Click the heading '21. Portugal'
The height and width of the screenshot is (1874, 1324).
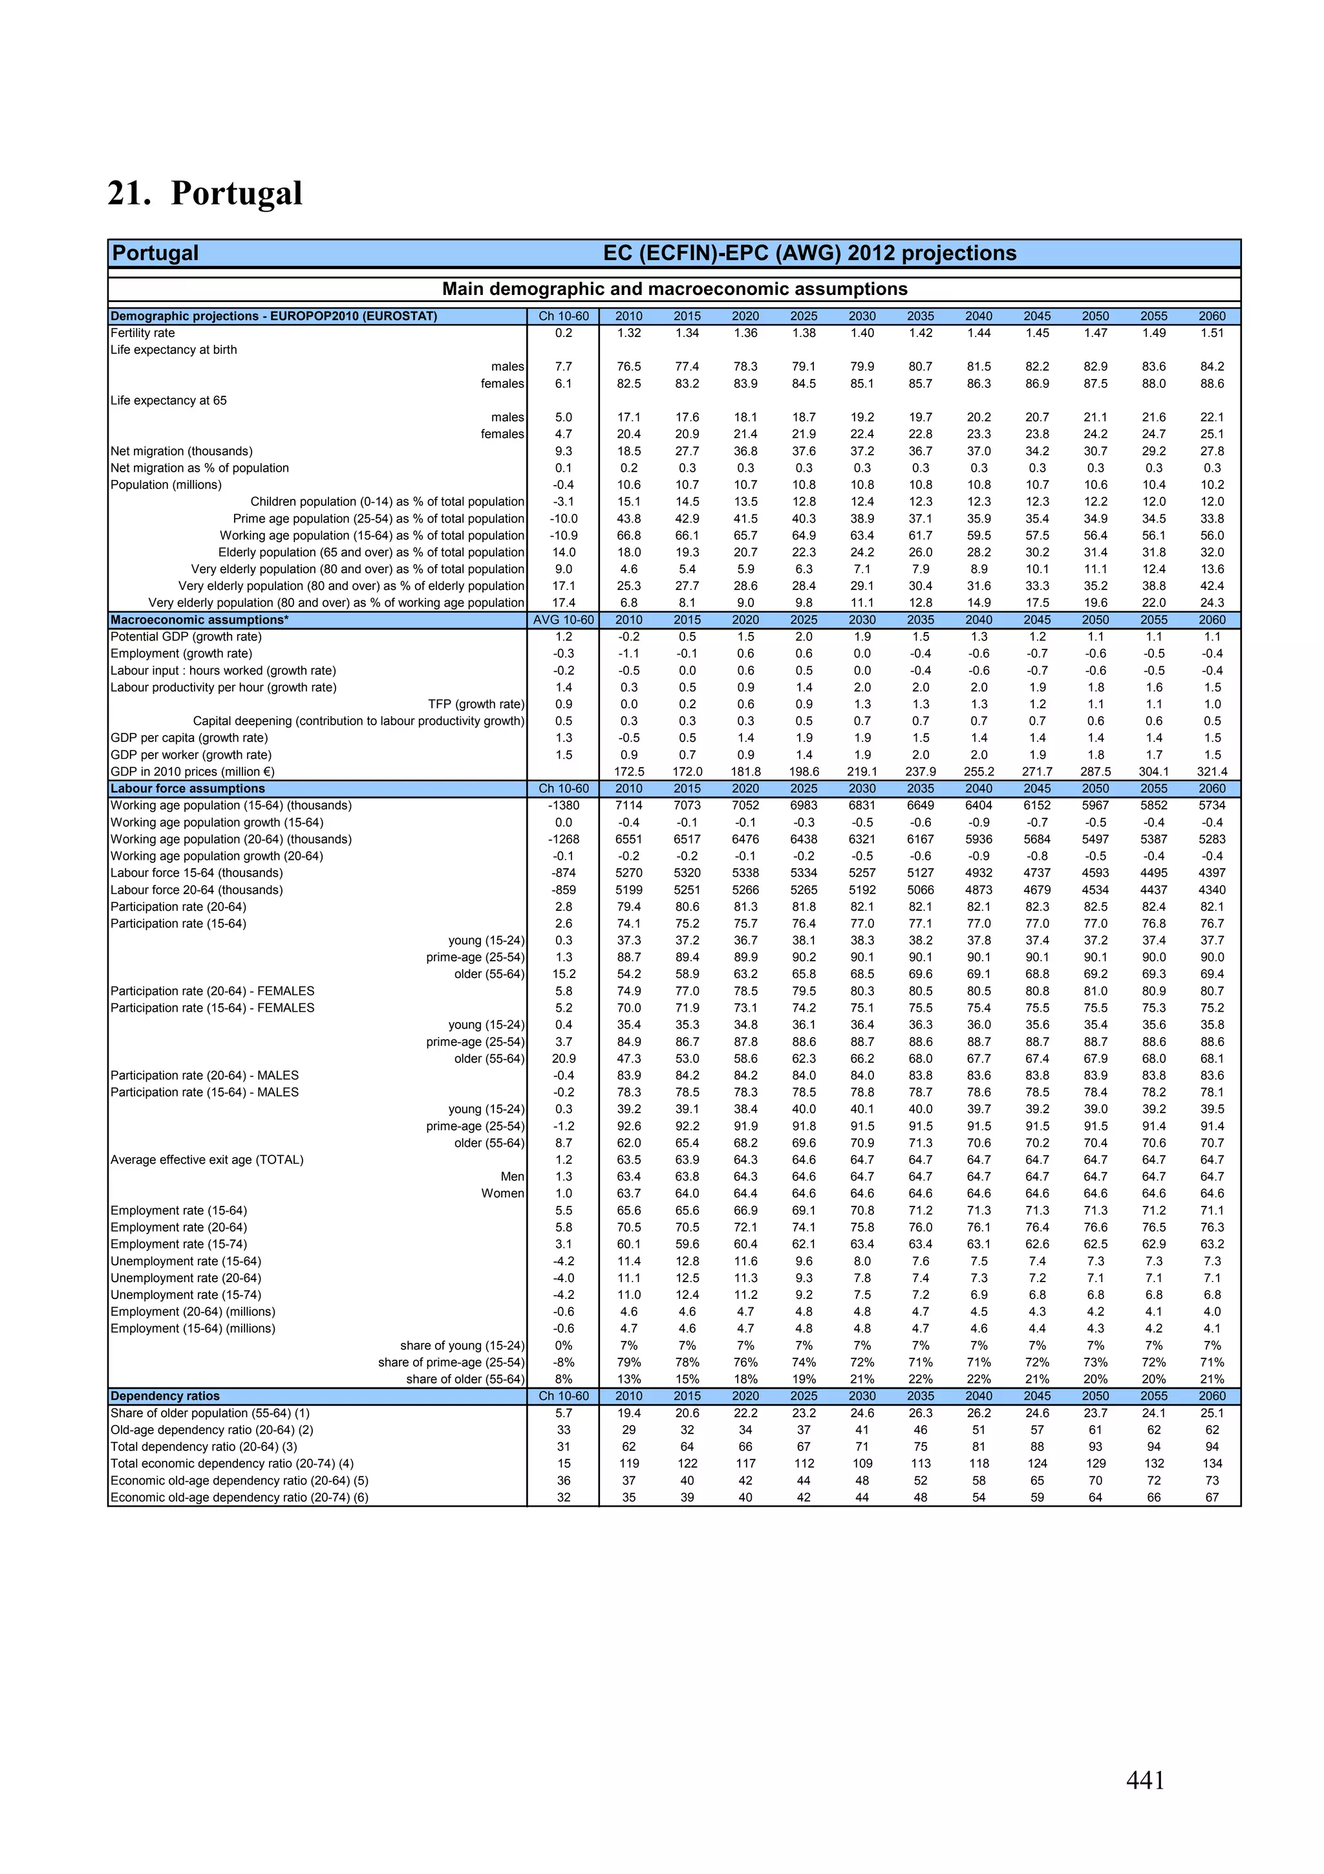205,193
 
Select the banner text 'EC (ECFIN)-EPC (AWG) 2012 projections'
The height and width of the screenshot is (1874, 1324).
809,253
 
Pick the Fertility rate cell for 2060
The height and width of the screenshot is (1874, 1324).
1212,333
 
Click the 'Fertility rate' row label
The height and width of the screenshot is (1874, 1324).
143,333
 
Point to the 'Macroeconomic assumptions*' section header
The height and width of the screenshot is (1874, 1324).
200,620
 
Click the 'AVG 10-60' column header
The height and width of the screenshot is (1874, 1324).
563,620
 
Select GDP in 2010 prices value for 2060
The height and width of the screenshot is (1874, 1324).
1212,771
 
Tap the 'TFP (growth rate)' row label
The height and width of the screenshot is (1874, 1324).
476,704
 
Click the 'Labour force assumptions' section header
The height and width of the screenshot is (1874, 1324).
187,789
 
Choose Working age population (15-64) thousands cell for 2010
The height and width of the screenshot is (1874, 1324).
628,805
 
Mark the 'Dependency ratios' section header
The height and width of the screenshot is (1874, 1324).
165,1396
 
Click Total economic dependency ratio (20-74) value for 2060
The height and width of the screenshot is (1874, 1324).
1212,1463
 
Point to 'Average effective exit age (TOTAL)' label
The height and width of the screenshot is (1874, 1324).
208,1160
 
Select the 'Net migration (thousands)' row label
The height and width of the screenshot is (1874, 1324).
182,452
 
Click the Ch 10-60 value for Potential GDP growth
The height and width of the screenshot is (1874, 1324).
563,637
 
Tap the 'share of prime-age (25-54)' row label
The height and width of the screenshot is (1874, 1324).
451,1362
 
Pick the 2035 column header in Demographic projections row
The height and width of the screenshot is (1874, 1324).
920,316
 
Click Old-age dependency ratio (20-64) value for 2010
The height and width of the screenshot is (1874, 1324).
628,1430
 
